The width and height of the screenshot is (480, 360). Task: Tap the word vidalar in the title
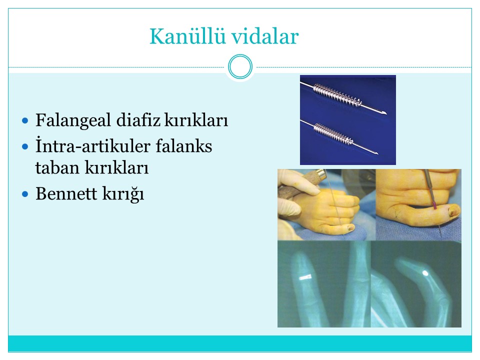tap(265, 36)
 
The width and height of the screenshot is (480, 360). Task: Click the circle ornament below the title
tap(240, 66)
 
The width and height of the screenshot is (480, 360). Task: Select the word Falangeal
tap(73, 120)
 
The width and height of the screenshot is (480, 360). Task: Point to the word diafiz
tap(138, 119)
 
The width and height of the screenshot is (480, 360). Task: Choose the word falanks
tap(184, 145)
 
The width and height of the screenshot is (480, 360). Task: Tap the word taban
tap(57, 168)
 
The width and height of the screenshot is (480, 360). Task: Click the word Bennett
tap(66, 193)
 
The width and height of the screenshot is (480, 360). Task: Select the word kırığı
tap(123, 194)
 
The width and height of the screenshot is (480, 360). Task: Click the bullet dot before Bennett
tap(25, 194)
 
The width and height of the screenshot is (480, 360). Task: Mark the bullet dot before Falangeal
tap(25, 120)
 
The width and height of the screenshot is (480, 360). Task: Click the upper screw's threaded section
tap(337, 95)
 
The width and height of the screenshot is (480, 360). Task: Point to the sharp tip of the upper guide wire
tap(386, 113)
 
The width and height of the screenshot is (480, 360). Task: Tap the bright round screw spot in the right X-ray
tap(425, 272)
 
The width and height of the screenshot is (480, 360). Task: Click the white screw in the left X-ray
tap(305, 277)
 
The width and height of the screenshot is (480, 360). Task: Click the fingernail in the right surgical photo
tap(452, 210)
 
